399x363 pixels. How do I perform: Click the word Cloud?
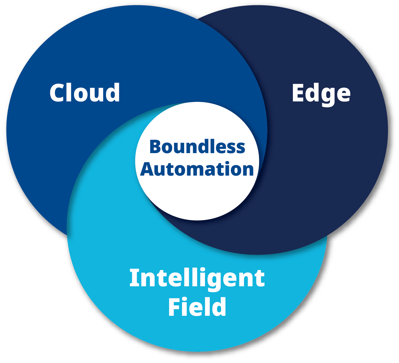(85, 92)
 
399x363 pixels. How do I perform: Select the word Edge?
(321, 94)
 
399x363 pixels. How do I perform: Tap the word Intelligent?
(197, 278)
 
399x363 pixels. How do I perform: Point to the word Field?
(197, 307)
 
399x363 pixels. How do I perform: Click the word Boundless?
(197, 147)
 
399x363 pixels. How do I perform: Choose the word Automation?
(197, 169)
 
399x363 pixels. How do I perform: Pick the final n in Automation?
(247, 170)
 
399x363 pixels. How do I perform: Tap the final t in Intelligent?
(260, 279)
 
